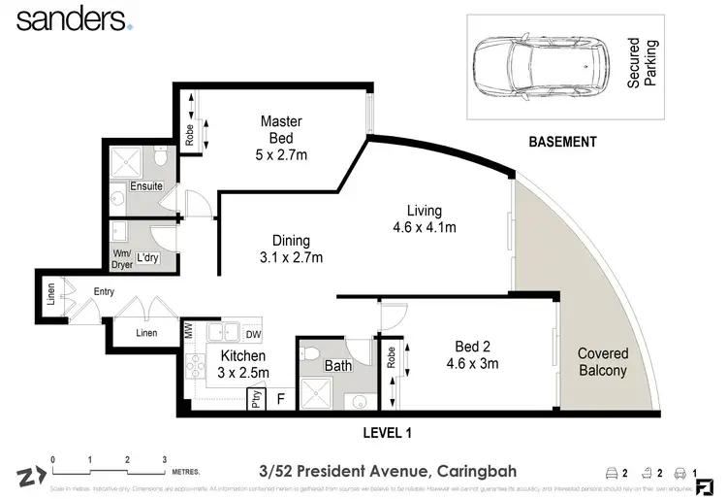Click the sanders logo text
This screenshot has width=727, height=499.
click(x=70, y=18)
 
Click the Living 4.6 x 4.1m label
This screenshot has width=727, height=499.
click(x=424, y=219)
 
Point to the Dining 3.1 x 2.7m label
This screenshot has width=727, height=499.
click(x=291, y=249)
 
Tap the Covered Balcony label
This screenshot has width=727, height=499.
click(x=603, y=362)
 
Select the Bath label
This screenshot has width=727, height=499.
click(x=338, y=366)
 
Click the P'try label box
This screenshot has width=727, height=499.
click(x=257, y=397)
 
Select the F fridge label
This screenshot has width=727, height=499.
click(x=281, y=398)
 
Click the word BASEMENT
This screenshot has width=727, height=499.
click(x=562, y=142)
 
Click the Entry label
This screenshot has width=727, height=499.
click(x=104, y=291)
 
